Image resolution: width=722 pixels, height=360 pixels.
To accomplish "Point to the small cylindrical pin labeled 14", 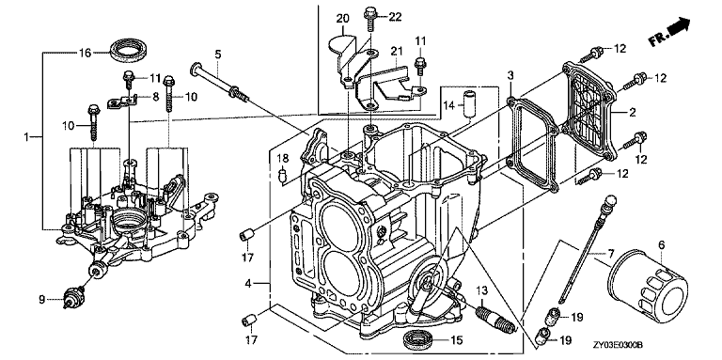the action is click(469, 104).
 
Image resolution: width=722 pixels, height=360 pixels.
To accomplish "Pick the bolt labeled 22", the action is click(369, 18).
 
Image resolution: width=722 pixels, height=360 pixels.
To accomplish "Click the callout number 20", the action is click(342, 19).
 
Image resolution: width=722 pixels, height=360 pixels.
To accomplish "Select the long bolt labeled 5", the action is click(220, 83).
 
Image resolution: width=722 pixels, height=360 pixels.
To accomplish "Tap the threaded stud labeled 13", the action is click(494, 318).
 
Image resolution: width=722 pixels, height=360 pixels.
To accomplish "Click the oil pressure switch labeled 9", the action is click(72, 295).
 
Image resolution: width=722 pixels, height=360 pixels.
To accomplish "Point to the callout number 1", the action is click(26, 136).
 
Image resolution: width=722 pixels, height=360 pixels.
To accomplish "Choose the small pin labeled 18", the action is click(284, 176).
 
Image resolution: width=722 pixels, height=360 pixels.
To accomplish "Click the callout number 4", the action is click(248, 284).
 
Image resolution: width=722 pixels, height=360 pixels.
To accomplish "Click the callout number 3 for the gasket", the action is click(510, 75).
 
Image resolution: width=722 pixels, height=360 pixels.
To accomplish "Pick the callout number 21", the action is click(397, 50).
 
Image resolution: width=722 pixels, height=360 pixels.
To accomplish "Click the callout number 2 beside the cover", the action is click(632, 112).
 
